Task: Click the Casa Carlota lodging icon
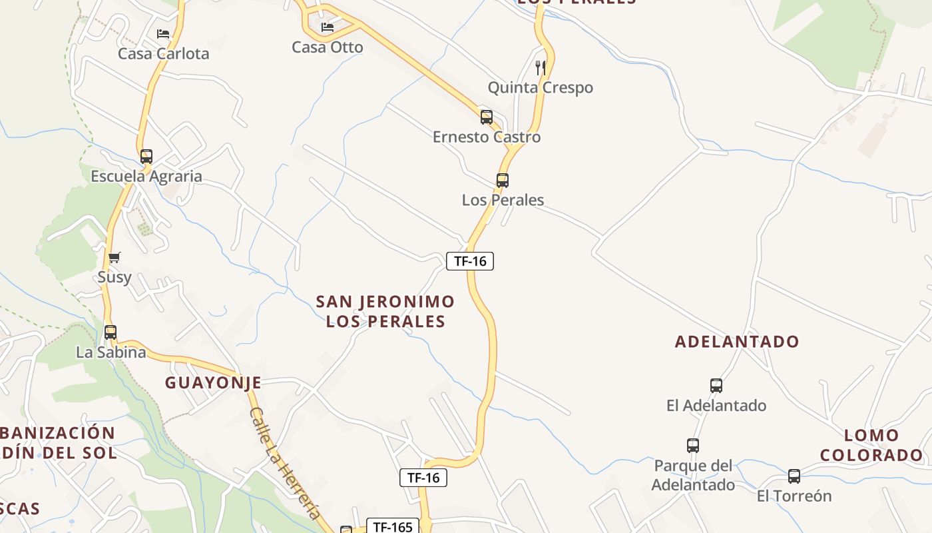163,33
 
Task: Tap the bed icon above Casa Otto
328,27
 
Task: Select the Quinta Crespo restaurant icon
541,67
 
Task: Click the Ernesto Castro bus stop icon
487,117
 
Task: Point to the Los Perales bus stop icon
503,180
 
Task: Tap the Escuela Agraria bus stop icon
146,157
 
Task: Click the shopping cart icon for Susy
115,257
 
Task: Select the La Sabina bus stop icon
111,332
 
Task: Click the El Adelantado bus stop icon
716,385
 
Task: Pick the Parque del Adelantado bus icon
693,445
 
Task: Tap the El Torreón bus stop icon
794,476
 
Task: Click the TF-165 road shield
393,527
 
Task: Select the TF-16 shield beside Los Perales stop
470,261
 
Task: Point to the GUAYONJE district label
213,382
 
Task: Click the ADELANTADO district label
737,342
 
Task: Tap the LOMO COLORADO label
871,446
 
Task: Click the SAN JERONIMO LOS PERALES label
385,311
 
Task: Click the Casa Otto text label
328,47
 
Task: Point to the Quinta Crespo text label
541,87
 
